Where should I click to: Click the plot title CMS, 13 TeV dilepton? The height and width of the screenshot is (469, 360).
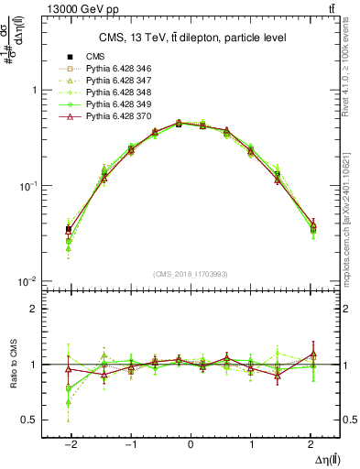coord(192,37)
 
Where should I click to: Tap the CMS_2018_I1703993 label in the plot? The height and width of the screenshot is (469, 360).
coord(191,274)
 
